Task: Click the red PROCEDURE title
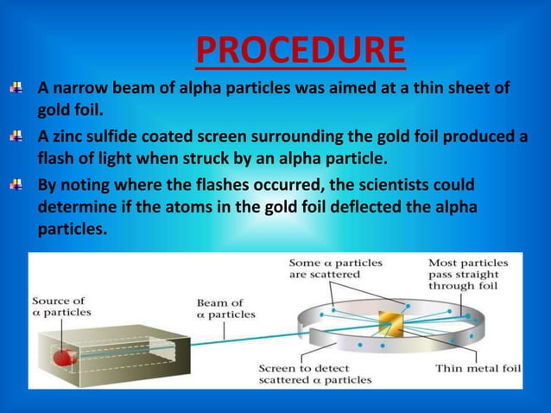pyautogui.click(x=300, y=50)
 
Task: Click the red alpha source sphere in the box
pyautogui.click(x=62, y=355)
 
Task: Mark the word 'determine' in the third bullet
pyautogui.click(x=79, y=208)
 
